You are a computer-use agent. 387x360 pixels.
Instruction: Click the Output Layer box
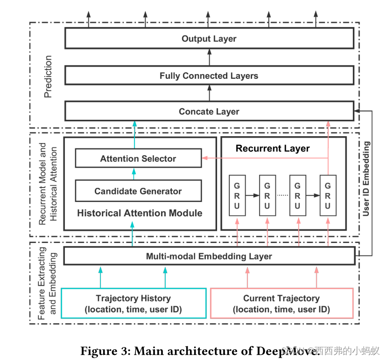coord(209,39)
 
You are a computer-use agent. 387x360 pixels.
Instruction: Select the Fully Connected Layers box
coord(209,76)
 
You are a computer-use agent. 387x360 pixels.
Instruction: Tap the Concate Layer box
coord(209,111)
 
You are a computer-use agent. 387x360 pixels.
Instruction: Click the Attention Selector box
coord(138,159)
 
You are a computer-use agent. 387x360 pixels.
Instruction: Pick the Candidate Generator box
coord(138,191)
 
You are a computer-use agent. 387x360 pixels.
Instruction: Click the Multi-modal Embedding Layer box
coord(209,256)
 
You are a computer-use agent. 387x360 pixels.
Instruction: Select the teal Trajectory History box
coord(134,304)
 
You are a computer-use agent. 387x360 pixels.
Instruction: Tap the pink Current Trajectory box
coord(281,304)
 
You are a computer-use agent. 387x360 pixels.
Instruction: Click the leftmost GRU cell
coord(237,195)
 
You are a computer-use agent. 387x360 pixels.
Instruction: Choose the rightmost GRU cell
coord(328,195)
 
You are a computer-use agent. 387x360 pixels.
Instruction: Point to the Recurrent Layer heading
coord(273,148)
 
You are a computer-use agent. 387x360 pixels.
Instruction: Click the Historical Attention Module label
coord(140,213)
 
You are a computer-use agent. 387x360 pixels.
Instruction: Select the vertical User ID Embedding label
coord(366,179)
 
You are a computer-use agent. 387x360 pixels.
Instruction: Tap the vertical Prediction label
coord(48,76)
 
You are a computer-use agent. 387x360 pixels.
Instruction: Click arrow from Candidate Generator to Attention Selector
coord(134,174)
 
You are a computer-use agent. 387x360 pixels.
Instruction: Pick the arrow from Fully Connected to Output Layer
coord(209,57)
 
